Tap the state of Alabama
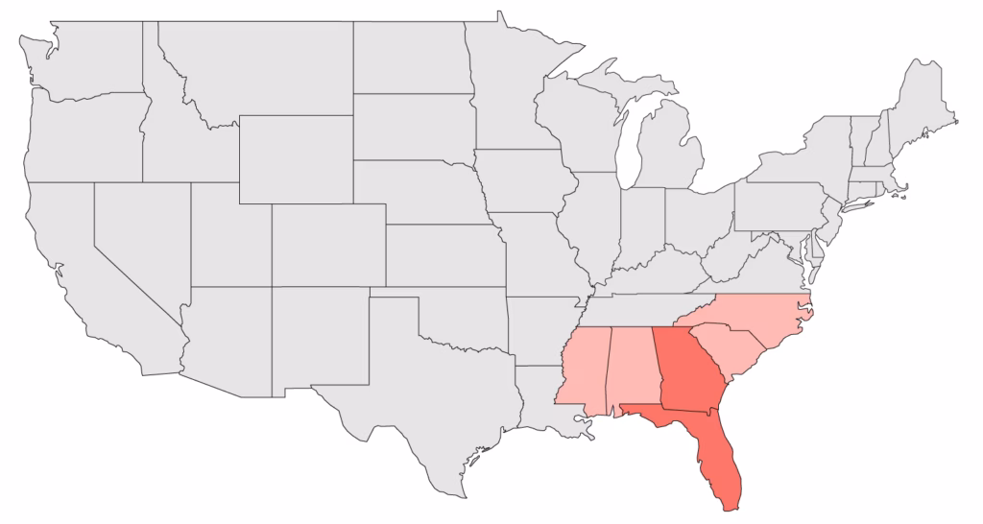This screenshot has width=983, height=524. pyautogui.click(x=635, y=369)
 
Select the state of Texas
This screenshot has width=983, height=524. pyautogui.click(x=403, y=393)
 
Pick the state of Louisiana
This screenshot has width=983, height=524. pyautogui.click(x=547, y=403)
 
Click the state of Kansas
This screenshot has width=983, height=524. pyautogui.click(x=442, y=254)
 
